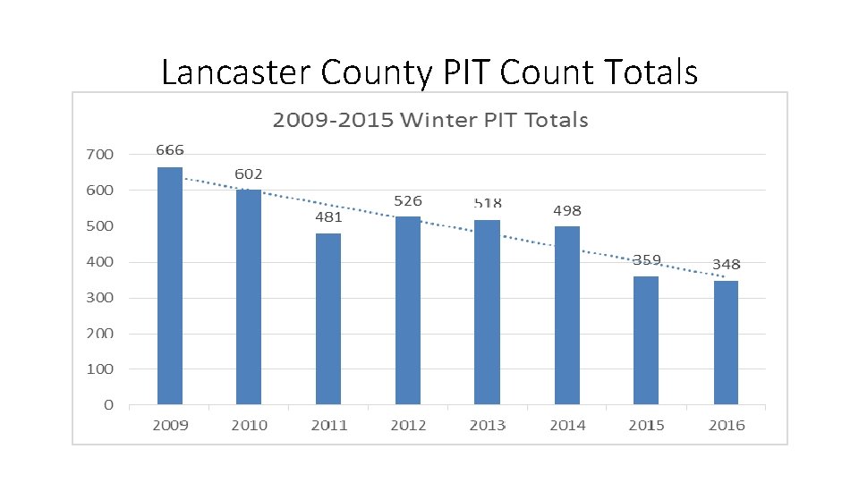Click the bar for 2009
pyautogui.click(x=170, y=285)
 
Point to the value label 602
pyautogui.click(x=249, y=173)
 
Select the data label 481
pyautogui.click(x=328, y=216)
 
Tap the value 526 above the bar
pyautogui.click(x=408, y=200)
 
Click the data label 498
pyautogui.click(x=566, y=211)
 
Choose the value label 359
pyautogui.click(x=646, y=260)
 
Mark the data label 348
pyautogui.click(x=726, y=264)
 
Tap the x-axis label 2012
pyautogui.click(x=408, y=426)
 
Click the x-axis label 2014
pyautogui.click(x=566, y=426)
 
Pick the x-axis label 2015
pyautogui.click(x=646, y=426)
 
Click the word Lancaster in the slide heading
pyautogui.click(x=233, y=72)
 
